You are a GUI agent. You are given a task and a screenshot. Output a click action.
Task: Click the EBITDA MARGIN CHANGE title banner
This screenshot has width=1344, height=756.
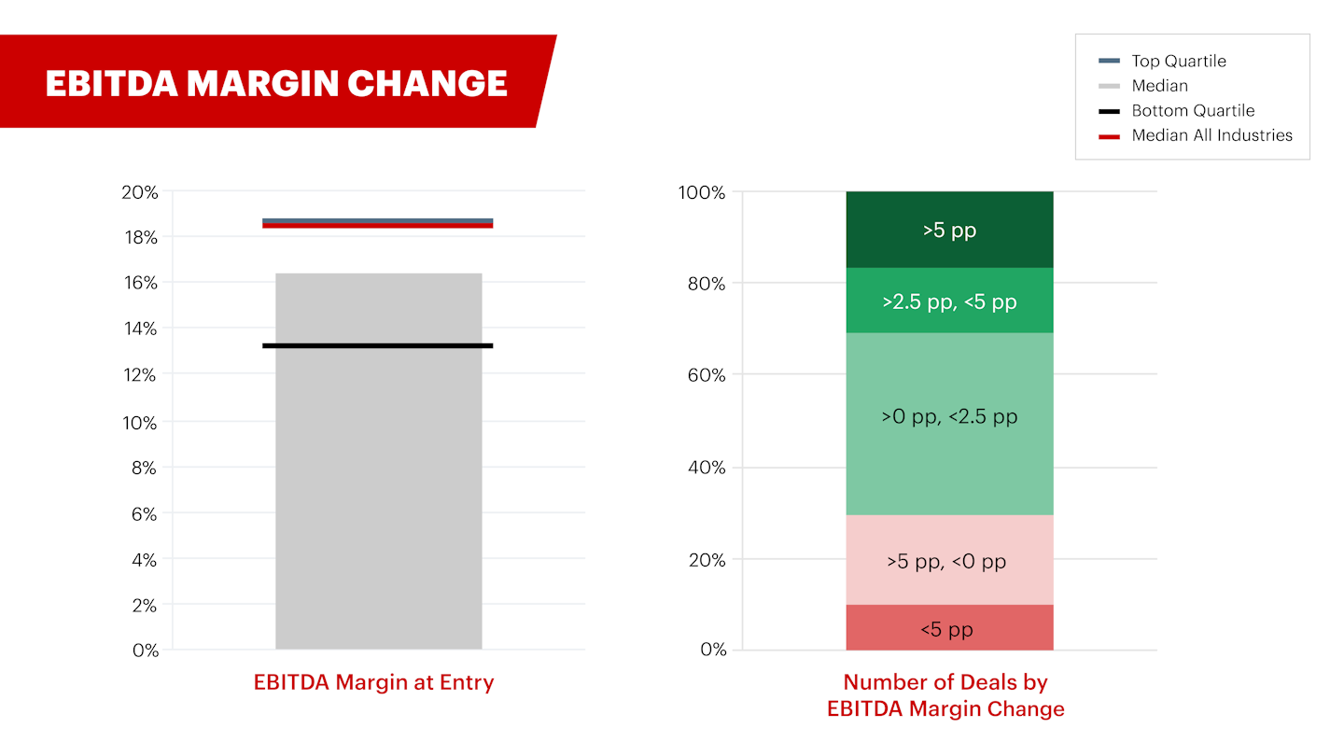click(275, 83)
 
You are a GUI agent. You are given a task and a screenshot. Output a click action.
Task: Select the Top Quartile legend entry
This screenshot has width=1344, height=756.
click(1178, 61)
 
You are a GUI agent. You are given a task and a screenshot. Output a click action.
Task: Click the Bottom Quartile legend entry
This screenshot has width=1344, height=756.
click(1192, 110)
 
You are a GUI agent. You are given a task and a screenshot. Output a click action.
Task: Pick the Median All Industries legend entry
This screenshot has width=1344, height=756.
click(1211, 135)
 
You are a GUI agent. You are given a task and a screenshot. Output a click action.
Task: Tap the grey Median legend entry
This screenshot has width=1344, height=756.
click(1159, 86)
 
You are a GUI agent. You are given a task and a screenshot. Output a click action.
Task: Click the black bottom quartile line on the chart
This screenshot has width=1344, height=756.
click(377, 346)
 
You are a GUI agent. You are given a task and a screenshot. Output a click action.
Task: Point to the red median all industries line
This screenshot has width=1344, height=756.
click(377, 226)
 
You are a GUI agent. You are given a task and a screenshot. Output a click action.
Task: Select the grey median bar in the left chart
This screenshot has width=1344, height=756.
click(378, 485)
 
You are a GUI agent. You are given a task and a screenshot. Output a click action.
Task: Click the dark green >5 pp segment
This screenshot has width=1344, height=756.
click(949, 230)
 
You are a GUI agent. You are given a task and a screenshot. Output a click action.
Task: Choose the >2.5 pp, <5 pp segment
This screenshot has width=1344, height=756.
click(949, 301)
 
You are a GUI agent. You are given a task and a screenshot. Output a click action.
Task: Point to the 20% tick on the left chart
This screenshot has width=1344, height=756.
click(140, 192)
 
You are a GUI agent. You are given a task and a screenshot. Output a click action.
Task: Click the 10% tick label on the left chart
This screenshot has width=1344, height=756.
click(140, 422)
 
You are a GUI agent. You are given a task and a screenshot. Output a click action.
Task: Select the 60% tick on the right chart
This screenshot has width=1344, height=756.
click(707, 375)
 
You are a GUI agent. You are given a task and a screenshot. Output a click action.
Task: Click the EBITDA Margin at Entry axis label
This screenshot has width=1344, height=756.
click(373, 682)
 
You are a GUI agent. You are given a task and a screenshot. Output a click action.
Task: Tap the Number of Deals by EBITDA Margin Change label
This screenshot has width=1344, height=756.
click(945, 695)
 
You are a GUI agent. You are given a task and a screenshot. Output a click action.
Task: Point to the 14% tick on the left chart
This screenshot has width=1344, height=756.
click(140, 329)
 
